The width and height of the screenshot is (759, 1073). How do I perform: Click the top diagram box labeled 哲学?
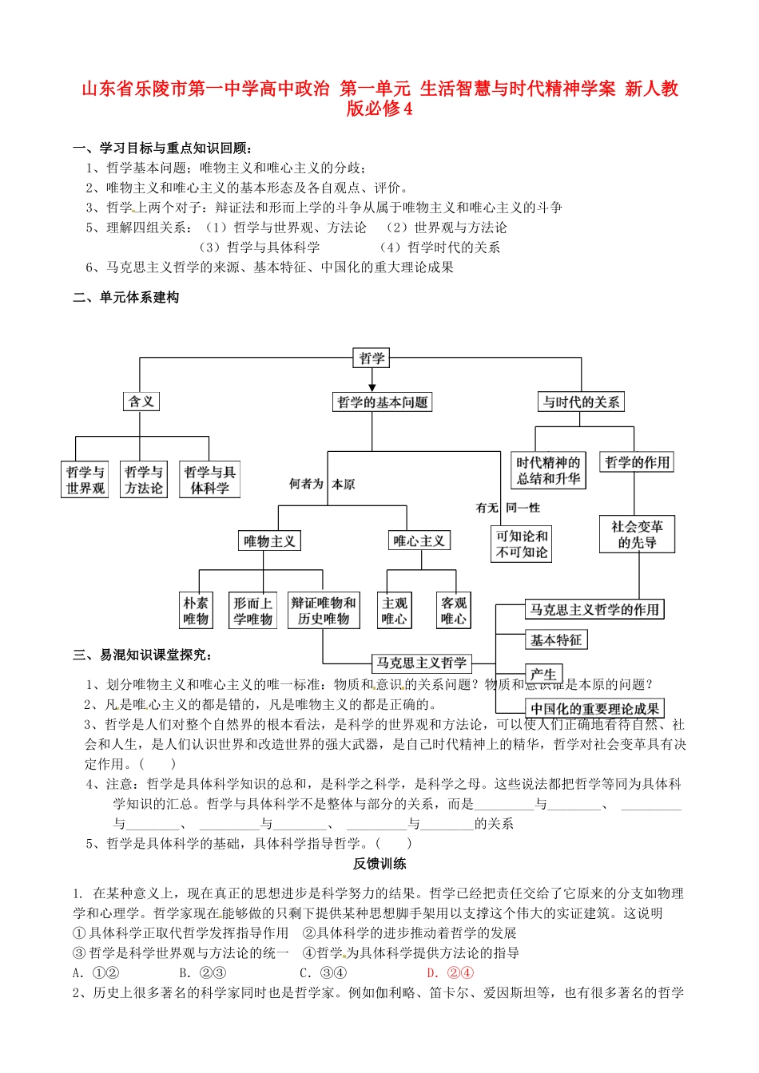pyautogui.click(x=372, y=358)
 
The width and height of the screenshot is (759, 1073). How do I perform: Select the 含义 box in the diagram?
pyautogui.click(x=141, y=402)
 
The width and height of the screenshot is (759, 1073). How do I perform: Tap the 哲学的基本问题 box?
pyautogui.click(x=383, y=402)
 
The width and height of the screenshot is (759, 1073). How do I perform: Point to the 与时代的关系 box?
pyautogui.click(x=581, y=402)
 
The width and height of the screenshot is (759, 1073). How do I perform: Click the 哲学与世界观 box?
pyautogui.click(x=85, y=480)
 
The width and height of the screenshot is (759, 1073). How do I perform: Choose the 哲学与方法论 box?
pyautogui.click(x=144, y=480)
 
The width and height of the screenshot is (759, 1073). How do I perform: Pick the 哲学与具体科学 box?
pyautogui.click(x=209, y=480)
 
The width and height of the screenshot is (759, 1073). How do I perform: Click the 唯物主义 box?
pyautogui.click(x=269, y=541)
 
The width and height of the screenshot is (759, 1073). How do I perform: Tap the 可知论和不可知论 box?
pyautogui.click(x=522, y=544)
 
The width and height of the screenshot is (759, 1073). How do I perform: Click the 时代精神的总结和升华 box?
pyautogui.click(x=548, y=470)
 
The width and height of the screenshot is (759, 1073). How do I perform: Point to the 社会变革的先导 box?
pyautogui.click(x=637, y=535)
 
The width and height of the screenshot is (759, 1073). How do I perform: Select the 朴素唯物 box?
pyautogui.click(x=196, y=611)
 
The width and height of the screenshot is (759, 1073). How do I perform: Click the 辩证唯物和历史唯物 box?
pyautogui.click(x=324, y=611)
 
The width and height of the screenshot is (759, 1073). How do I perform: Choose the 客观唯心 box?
pyautogui.click(x=453, y=611)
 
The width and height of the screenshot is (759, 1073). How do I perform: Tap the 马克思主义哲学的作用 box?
pyautogui.click(x=594, y=610)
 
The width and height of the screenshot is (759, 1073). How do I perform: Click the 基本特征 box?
pyautogui.click(x=556, y=640)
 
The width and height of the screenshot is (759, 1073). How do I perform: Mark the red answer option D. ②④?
pyautogui.click(x=451, y=972)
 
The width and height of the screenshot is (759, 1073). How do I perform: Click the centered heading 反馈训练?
pyautogui.click(x=380, y=864)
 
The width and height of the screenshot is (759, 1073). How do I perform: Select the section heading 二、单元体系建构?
pyautogui.click(x=126, y=298)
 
